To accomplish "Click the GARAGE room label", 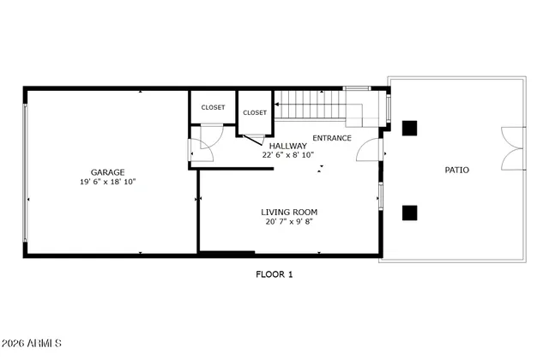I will pyautogui.click(x=107, y=171).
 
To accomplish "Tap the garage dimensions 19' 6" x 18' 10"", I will pyautogui.click(x=107, y=182).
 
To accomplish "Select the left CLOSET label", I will pyautogui.click(x=213, y=107).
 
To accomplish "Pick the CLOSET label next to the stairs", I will pyautogui.click(x=255, y=112).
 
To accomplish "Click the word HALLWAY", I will pyautogui.click(x=288, y=146).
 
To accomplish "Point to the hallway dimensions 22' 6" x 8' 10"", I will pyautogui.click(x=288, y=155).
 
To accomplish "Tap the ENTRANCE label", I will pyautogui.click(x=331, y=137).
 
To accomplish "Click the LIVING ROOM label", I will pyautogui.click(x=289, y=212).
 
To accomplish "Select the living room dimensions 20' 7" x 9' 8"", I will pyautogui.click(x=289, y=222).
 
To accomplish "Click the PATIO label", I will pyautogui.click(x=456, y=170).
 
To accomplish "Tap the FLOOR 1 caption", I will pyautogui.click(x=274, y=274).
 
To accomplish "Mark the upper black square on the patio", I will pyautogui.click(x=410, y=128).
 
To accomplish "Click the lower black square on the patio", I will pyautogui.click(x=410, y=212).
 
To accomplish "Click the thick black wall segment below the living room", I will pyautogui.click(x=226, y=253).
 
